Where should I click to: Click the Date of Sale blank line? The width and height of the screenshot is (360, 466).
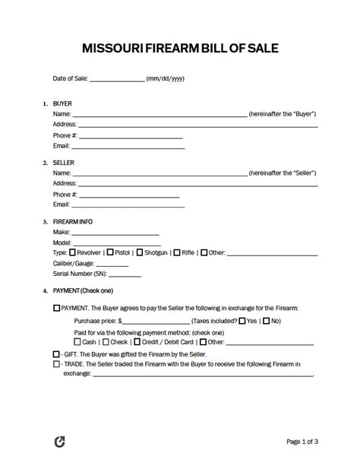[x=117, y=79]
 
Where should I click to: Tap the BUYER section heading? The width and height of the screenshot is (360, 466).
[x=63, y=103]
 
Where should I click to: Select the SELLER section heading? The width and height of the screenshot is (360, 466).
[x=65, y=162]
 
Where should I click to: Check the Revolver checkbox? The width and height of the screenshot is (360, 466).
[x=73, y=252]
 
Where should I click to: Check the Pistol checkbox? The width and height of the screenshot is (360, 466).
[x=111, y=252]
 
